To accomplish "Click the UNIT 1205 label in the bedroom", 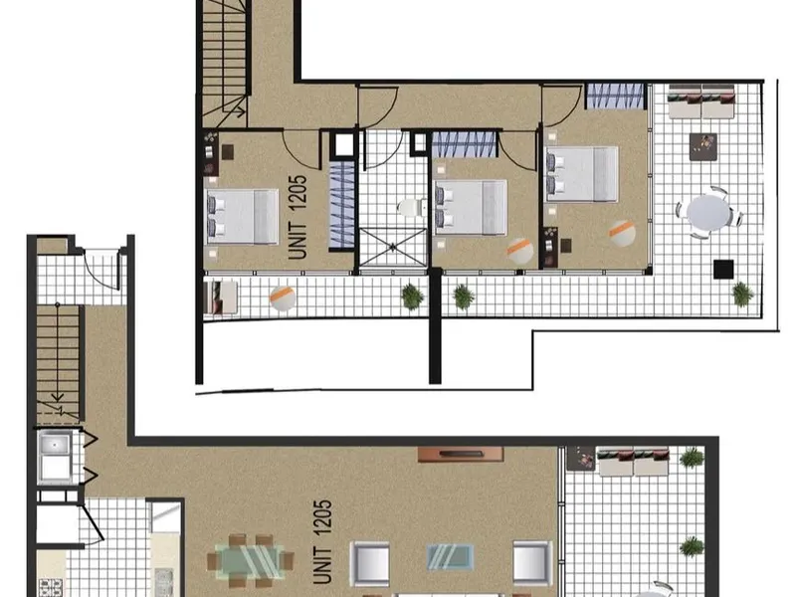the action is tap(298, 217).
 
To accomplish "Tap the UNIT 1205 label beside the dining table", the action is tap(322, 541).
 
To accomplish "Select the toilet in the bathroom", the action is tap(412, 207).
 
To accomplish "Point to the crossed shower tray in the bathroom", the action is tap(393, 247).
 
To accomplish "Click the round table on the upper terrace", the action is tap(709, 213).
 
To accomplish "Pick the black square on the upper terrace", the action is tap(723, 269).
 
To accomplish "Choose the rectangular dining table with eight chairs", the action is tap(250, 560).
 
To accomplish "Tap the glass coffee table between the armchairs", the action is tap(451, 557).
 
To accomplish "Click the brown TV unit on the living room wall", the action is tap(461, 455).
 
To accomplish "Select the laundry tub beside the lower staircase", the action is tap(55, 457).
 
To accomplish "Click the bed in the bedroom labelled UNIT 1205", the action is tap(242, 217).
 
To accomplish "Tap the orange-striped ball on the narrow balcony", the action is tap(283, 298).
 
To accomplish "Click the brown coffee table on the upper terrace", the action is tap(703, 146).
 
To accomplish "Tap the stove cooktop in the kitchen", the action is tap(51, 587).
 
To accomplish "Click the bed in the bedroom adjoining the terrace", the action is tap(581, 175).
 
